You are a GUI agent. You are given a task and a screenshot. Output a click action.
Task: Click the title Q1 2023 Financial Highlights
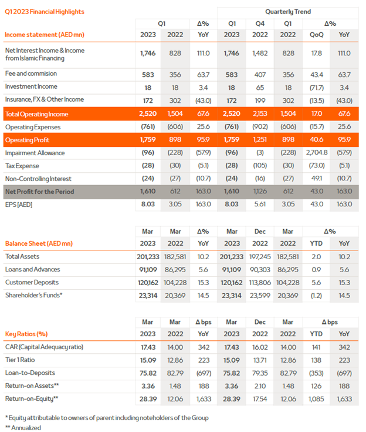click(45, 12)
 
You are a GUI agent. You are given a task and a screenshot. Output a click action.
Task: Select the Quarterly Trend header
click(288, 12)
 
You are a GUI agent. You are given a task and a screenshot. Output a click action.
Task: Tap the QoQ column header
click(317, 35)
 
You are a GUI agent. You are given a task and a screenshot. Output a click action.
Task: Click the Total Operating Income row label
click(36, 114)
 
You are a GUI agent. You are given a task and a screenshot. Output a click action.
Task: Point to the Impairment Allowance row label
click(35, 153)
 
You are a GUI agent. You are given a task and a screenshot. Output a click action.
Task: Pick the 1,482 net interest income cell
click(260, 53)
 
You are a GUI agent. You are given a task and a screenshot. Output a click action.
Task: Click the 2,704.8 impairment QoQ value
click(317, 153)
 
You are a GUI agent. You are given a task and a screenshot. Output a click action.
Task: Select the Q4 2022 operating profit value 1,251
click(260, 140)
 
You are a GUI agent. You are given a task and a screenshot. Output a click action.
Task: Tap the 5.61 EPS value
click(260, 205)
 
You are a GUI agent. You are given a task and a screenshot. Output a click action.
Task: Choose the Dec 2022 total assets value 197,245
click(260, 257)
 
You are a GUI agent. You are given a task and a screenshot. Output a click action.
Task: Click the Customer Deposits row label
click(32, 282)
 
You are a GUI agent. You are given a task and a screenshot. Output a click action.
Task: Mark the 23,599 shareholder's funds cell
click(260, 296)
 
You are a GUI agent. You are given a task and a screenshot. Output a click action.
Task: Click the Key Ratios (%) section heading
click(26, 334)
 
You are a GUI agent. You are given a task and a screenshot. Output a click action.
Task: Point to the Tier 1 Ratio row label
click(20, 360)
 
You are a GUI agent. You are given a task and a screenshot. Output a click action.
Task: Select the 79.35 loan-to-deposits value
click(260, 373)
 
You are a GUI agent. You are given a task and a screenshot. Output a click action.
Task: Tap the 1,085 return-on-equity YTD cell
click(316, 399)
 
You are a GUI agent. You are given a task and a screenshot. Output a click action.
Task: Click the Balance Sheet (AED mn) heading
click(39, 243)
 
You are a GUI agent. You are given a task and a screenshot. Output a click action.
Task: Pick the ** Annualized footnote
click(23, 428)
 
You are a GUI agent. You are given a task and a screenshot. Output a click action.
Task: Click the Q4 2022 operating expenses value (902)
click(260, 127)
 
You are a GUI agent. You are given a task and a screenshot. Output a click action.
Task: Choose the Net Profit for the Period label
click(40, 192)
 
